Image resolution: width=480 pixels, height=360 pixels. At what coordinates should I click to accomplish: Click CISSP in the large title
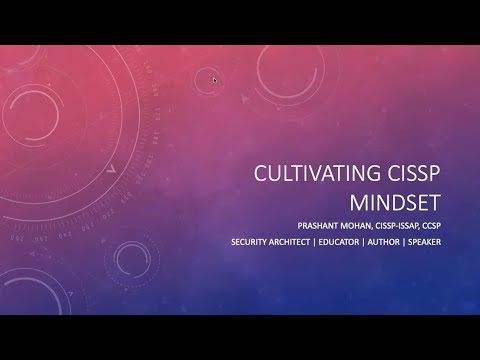click(415, 172)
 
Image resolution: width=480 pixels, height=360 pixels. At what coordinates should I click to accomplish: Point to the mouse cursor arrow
click(215, 79)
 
